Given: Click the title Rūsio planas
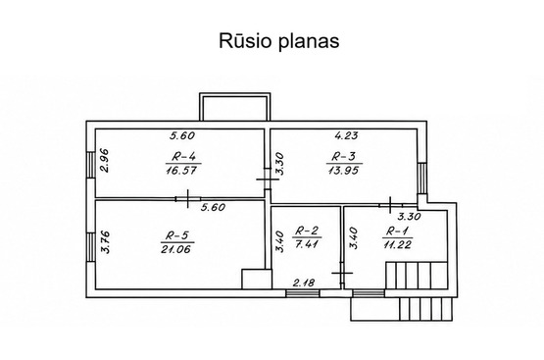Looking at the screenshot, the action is click(279, 40).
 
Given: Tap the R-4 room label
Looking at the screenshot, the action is click(183, 157).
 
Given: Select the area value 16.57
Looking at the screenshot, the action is click(181, 170).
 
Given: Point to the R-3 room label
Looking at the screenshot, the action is click(343, 157).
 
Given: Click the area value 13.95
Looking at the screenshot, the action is click(343, 170).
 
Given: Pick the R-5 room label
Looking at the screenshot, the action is click(177, 236).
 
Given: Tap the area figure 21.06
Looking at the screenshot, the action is click(175, 249).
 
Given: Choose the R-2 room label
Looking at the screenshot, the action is click(307, 231).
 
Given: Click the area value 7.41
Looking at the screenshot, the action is click(307, 243).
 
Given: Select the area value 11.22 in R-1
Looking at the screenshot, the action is click(397, 244).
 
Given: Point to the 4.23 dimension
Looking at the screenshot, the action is click(346, 135).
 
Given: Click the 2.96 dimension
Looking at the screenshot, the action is click(104, 161).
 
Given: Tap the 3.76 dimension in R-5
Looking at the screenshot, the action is click(105, 242).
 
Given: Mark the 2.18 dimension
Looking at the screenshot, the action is click(304, 283).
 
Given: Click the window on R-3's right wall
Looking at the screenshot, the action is click(421, 179).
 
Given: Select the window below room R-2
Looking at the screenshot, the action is click(303, 293).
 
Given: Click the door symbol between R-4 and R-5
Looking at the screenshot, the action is click(187, 199).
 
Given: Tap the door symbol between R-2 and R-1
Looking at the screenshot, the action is click(342, 273).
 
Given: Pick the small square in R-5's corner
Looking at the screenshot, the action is click(257, 279).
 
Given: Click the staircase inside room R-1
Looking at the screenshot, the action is click(417, 276).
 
